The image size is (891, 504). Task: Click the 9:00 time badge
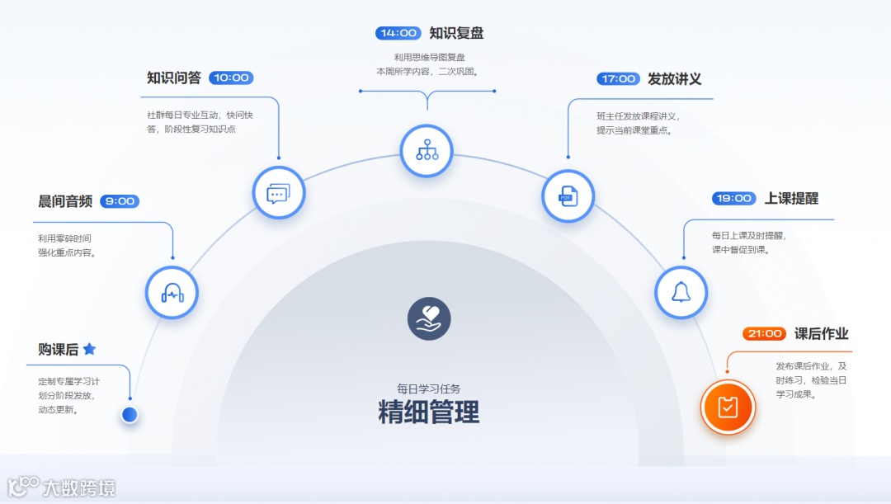(x=120, y=201)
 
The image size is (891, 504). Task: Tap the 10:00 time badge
(x=231, y=78)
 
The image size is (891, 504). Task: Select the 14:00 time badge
(x=398, y=33)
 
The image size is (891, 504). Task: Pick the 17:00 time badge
(x=618, y=79)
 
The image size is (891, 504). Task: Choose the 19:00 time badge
(x=733, y=199)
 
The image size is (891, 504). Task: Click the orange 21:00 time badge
(x=763, y=334)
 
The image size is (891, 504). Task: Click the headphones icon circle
(x=172, y=292)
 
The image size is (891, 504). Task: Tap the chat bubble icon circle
(x=278, y=193)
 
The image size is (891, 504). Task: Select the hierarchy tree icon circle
(x=427, y=150)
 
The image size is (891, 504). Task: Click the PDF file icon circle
(x=568, y=196)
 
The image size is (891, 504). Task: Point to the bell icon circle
(x=681, y=292)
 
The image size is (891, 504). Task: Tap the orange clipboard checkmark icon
(x=728, y=407)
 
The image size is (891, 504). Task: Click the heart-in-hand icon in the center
(x=429, y=318)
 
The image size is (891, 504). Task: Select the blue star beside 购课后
(x=89, y=349)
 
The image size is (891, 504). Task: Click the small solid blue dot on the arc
(x=130, y=414)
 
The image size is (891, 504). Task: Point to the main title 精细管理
(x=428, y=412)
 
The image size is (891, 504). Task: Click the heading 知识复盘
(x=456, y=33)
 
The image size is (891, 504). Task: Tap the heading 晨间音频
(x=65, y=201)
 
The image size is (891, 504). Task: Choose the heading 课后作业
(x=821, y=334)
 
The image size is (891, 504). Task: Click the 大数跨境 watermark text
(x=79, y=487)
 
